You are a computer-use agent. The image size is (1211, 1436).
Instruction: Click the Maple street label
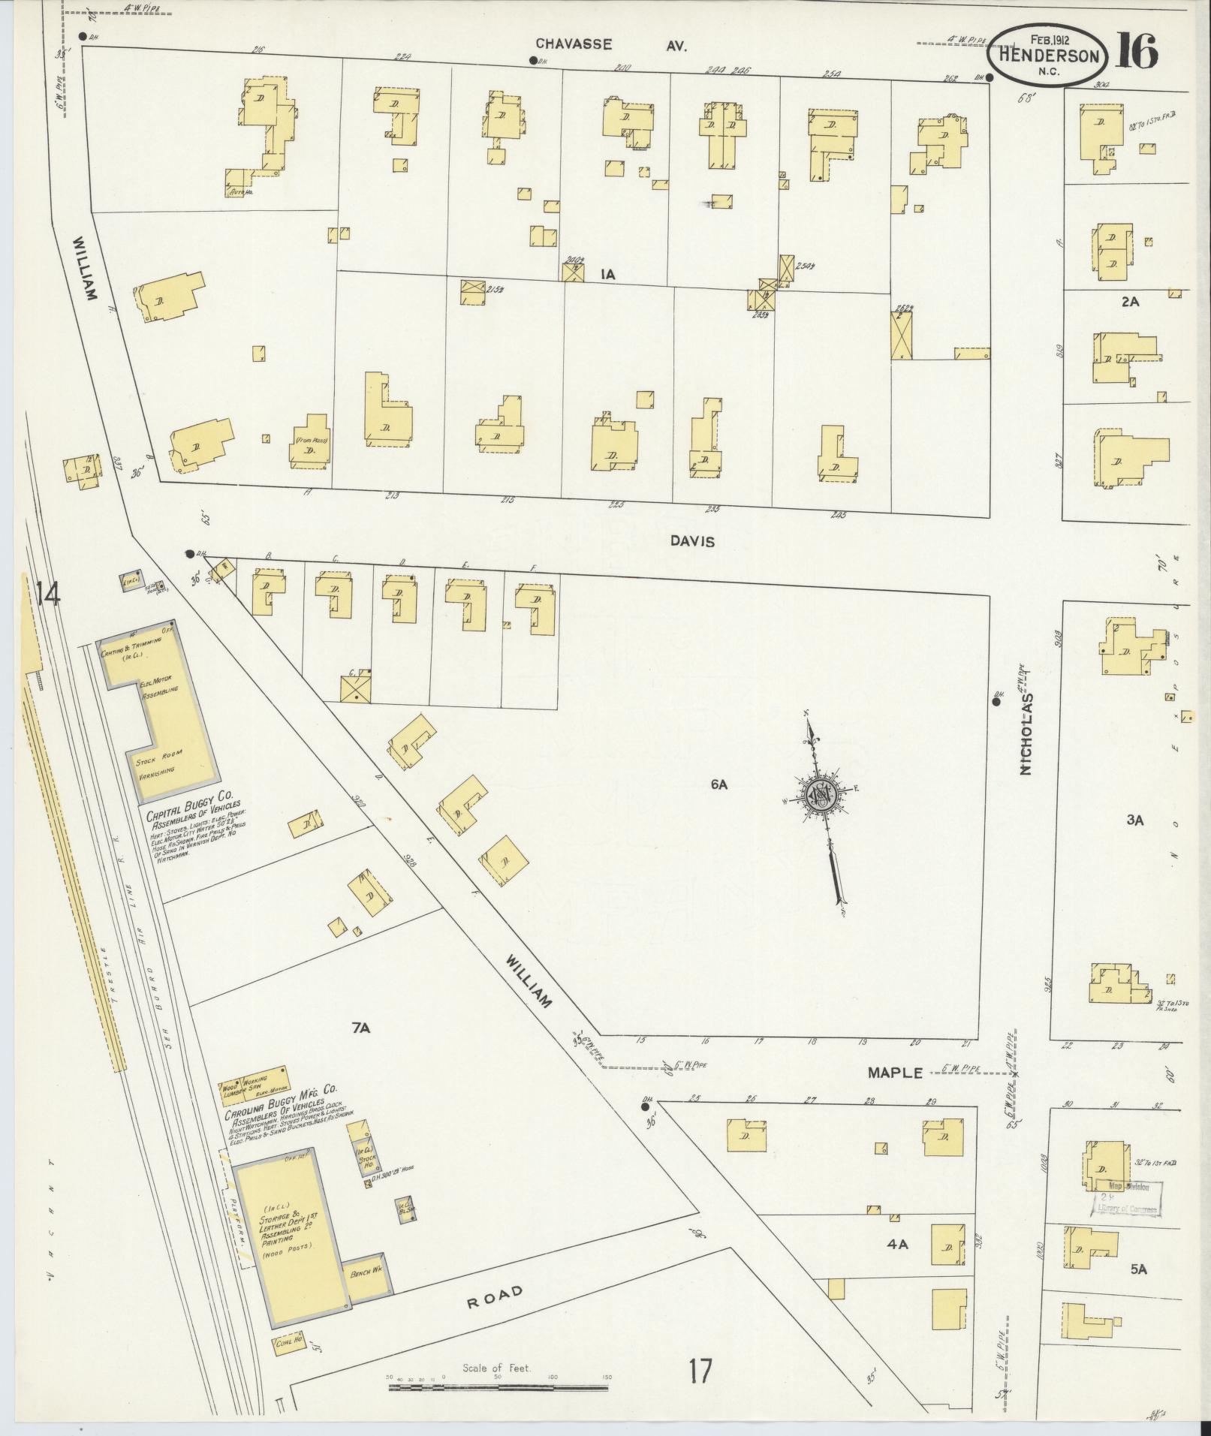[894, 1072]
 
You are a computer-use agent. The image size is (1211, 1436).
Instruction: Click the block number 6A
[719, 785]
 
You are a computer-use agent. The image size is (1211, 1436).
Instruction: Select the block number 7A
[361, 1029]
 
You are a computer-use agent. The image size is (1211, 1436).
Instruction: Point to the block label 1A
[607, 275]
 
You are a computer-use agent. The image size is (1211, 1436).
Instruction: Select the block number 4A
[897, 1244]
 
